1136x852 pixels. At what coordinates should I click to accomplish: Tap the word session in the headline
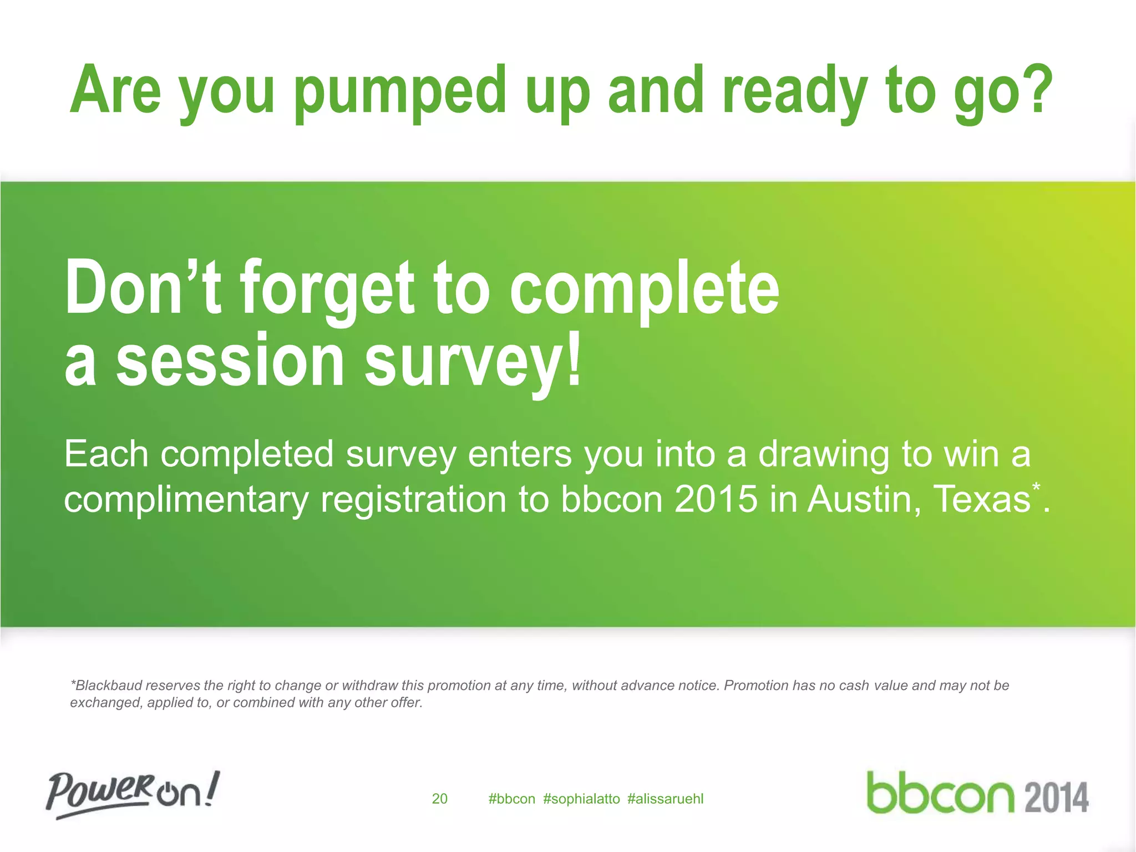[230, 361]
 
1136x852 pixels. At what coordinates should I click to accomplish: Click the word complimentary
[186, 499]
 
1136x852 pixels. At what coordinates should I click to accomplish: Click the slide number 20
[439, 799]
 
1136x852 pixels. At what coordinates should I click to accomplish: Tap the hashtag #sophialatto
[581, 799]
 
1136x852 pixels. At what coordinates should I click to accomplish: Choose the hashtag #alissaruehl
[665, 799]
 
